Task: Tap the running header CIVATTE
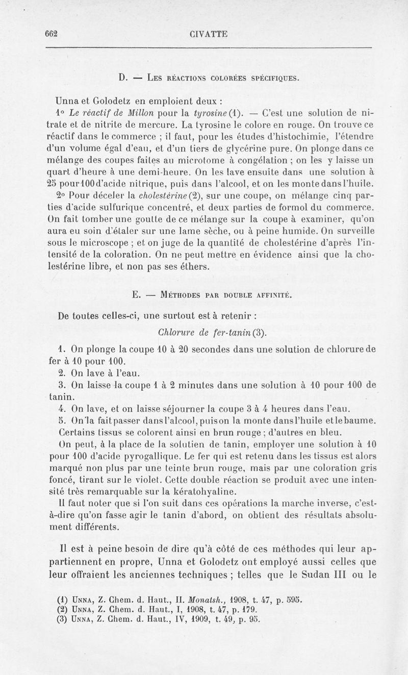pos(208,34)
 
